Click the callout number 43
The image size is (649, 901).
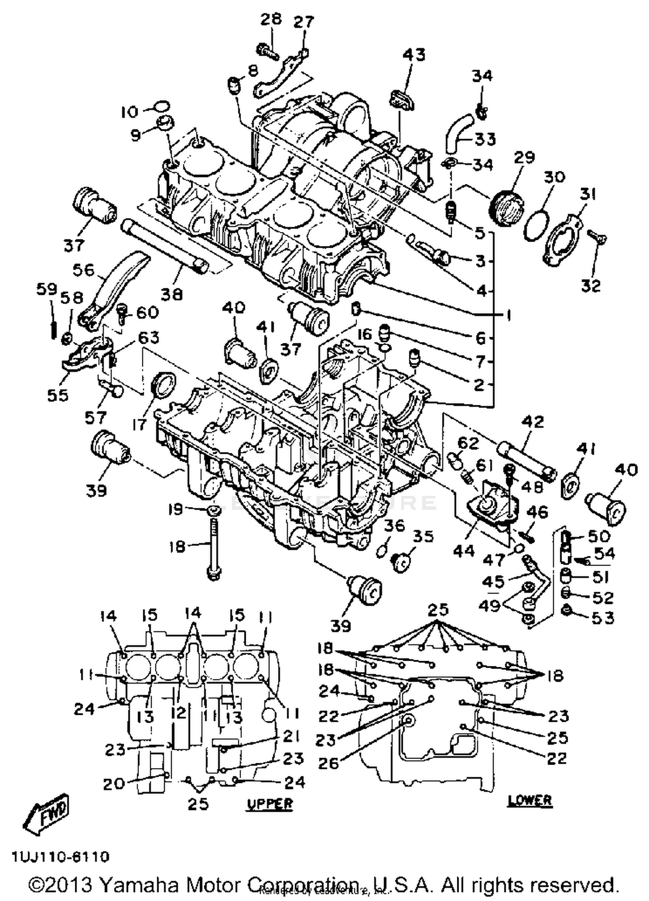click(x=414, y=55)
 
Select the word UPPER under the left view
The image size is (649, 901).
click(x=270, y=804)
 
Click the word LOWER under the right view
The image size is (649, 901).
click(x=530, y=800)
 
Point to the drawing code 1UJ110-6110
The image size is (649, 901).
click(x=60, y=857)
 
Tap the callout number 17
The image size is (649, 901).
click(x=139, y=424)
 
